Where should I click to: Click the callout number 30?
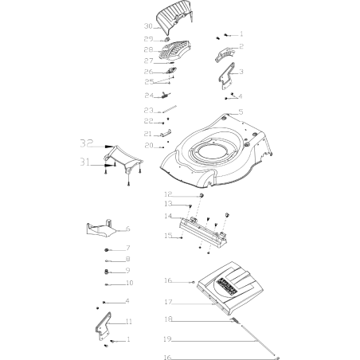click(147, 27)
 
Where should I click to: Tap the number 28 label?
click(148, 49)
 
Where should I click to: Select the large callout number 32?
click(85, 143)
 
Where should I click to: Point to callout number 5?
click(241, 112)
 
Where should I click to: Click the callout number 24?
click(148, 95)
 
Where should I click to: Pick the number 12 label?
click(168, 194)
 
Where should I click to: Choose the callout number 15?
click(168, 236)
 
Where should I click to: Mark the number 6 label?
click(128, 229)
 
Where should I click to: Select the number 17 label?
click(168, 302)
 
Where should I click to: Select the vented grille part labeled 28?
click(177, 51)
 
